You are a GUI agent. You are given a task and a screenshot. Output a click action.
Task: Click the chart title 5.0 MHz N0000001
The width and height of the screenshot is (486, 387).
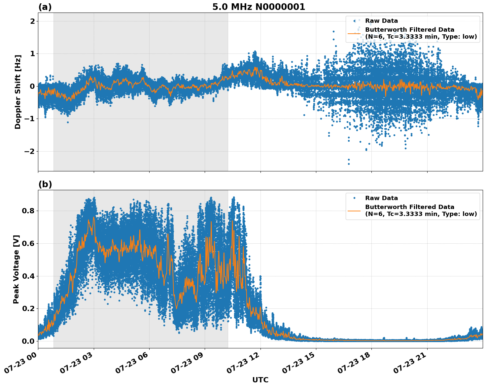pos(259,7)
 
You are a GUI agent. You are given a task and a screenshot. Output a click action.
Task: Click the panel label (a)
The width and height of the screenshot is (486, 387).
pos(45,7)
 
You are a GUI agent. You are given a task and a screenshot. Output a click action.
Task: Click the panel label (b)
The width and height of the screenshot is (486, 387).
pos(45,184)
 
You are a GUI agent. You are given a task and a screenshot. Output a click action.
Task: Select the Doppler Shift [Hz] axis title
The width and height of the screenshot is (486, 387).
pos(18,92)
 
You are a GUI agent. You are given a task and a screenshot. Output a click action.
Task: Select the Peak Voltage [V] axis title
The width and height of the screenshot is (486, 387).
pos(16,269)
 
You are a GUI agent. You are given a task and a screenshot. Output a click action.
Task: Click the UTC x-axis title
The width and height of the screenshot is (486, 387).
pos(260,380)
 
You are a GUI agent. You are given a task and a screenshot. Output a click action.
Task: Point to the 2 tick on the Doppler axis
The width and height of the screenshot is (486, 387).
pos(33,21)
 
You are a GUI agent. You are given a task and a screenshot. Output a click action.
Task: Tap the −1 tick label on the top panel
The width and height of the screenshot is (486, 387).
pos(30,119)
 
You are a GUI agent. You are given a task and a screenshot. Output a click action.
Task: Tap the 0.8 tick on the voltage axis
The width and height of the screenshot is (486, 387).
pos(28,211)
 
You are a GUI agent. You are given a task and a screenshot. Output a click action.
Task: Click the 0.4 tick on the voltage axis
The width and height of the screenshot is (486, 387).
pos(28,276)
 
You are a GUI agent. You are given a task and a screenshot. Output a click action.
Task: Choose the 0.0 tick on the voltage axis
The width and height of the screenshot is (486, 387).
pos(28,341)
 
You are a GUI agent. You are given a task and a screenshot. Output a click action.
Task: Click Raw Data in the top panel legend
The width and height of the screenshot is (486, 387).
pos(381,21)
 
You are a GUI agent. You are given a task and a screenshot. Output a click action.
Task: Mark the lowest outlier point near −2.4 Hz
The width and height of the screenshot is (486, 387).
pos(349,164)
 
